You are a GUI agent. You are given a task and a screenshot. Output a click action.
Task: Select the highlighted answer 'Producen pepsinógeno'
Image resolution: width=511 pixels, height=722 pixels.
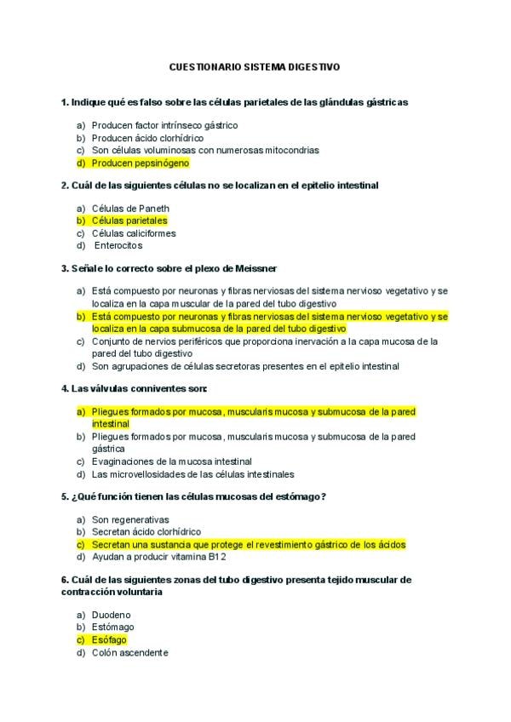coord(141,163)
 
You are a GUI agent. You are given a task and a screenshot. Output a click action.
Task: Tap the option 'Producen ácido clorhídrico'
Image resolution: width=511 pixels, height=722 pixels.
coord(147,138)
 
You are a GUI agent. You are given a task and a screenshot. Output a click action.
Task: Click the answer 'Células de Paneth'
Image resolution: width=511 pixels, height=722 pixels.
coord(130,209)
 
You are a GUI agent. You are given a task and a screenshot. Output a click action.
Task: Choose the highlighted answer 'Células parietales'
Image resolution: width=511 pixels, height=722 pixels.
coord(129,221)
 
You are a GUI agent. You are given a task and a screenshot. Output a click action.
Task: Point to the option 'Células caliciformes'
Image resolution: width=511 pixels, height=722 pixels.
coord(134,233)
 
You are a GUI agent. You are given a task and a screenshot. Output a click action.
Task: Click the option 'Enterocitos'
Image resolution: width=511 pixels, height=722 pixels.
coord(118,245)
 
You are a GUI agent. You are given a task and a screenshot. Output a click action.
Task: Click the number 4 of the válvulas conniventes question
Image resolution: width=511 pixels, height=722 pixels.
coord(64,388)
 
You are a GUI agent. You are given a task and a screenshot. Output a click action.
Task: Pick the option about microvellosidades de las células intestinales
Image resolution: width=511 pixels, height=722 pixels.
coord(192,474)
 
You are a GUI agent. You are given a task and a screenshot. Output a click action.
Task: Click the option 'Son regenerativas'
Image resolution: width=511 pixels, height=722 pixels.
coord(130,519)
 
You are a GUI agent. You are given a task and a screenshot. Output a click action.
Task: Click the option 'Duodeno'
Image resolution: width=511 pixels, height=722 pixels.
coord(112,615)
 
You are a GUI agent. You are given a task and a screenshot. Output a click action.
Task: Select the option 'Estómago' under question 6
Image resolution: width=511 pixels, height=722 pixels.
coord(113,627)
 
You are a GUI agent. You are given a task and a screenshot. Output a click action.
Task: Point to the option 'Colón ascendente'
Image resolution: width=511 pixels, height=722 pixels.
coord(129,652)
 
